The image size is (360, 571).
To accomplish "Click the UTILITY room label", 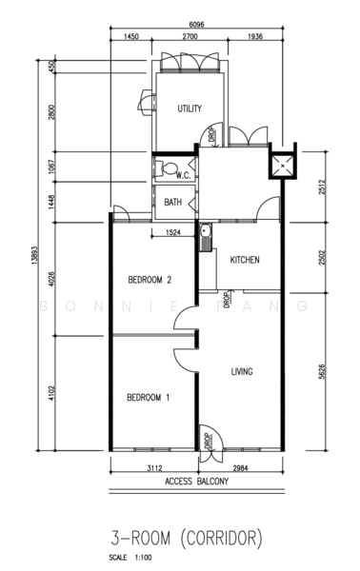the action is [190, 108].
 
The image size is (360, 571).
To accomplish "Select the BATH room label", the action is [172, 202].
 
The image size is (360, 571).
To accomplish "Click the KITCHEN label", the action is [245, 260].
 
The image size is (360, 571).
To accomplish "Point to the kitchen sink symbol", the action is [206, 237].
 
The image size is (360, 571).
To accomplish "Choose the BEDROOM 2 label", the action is [150, 280].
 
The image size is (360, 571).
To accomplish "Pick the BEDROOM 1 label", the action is [148, 397].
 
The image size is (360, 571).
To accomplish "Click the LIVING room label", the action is [242, 371].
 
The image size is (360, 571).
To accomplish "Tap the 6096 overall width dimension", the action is [196, 25].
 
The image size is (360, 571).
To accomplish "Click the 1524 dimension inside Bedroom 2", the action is [172, 232].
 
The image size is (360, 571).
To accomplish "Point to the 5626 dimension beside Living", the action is [322, 371].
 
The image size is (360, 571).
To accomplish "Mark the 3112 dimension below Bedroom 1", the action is [154, 468].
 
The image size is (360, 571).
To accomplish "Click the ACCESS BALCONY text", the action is [196, 481].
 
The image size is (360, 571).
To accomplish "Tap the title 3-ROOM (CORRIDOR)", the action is [187, 539].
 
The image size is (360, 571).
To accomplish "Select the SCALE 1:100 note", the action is [130, 558].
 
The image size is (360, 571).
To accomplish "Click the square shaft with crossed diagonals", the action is [283, 166].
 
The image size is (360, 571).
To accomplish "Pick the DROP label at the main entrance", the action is [208, 441].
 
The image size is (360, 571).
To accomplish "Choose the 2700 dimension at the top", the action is [190, 36].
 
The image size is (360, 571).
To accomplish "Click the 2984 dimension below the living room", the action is [240, 468].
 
